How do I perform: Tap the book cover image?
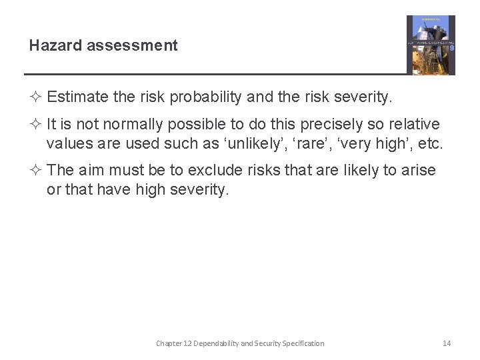coord(431,45)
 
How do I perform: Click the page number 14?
coord(447,343)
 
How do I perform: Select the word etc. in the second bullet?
coord(429,143)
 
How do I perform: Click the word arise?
coord(418,170)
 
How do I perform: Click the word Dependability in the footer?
coord(216,343)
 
